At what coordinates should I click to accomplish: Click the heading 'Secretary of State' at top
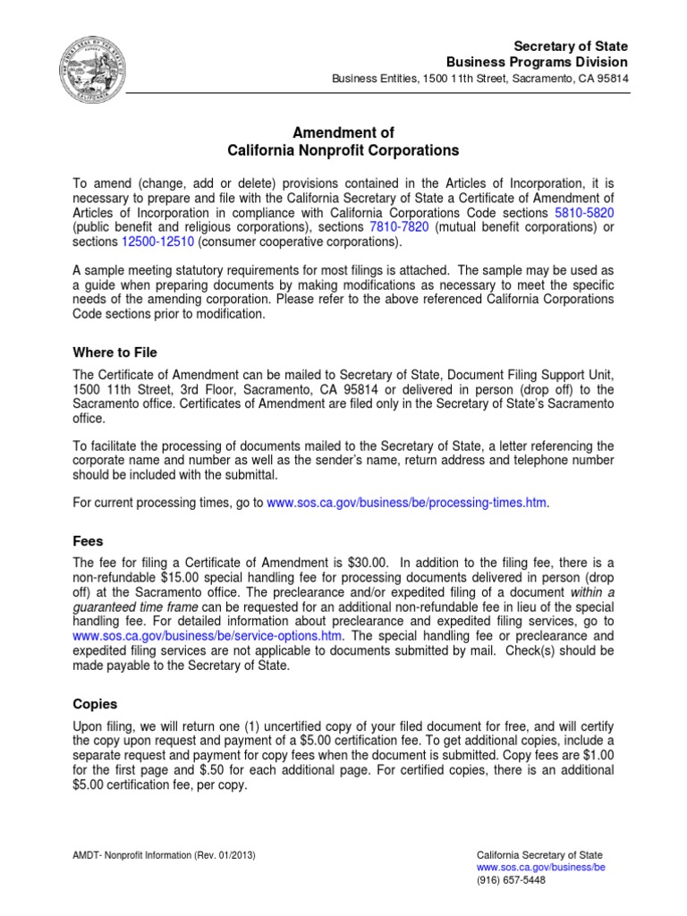tap(571, 46)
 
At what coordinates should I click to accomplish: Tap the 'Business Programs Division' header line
tap(537, 62)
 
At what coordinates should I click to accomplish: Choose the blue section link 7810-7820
tap(399, 227)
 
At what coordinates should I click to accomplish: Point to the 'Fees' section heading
tap(88, 541)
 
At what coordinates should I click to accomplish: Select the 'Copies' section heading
tap(94, 705)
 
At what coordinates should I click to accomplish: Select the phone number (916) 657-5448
tap(511, 879)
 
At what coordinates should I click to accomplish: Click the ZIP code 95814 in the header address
tap(611, 78)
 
